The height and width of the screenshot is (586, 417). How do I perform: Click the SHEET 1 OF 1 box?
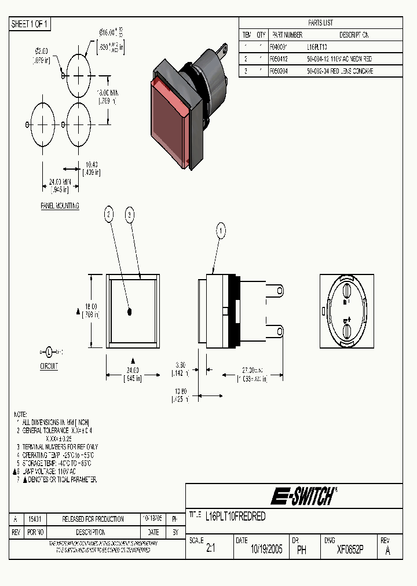31,24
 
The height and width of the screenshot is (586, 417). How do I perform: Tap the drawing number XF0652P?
350,550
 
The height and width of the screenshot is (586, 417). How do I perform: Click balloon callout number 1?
220,230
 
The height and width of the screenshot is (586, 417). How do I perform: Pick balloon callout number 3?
130,215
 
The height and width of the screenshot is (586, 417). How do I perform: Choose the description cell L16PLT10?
319,47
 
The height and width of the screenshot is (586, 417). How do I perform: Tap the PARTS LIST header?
320,23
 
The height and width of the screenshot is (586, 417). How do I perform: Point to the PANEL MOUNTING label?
60,206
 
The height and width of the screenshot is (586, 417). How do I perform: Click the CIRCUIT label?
49,366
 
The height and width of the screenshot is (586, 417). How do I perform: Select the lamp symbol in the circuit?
49,351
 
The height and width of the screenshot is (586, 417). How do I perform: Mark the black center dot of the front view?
129,312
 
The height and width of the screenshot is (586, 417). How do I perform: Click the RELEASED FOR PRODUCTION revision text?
93,519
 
